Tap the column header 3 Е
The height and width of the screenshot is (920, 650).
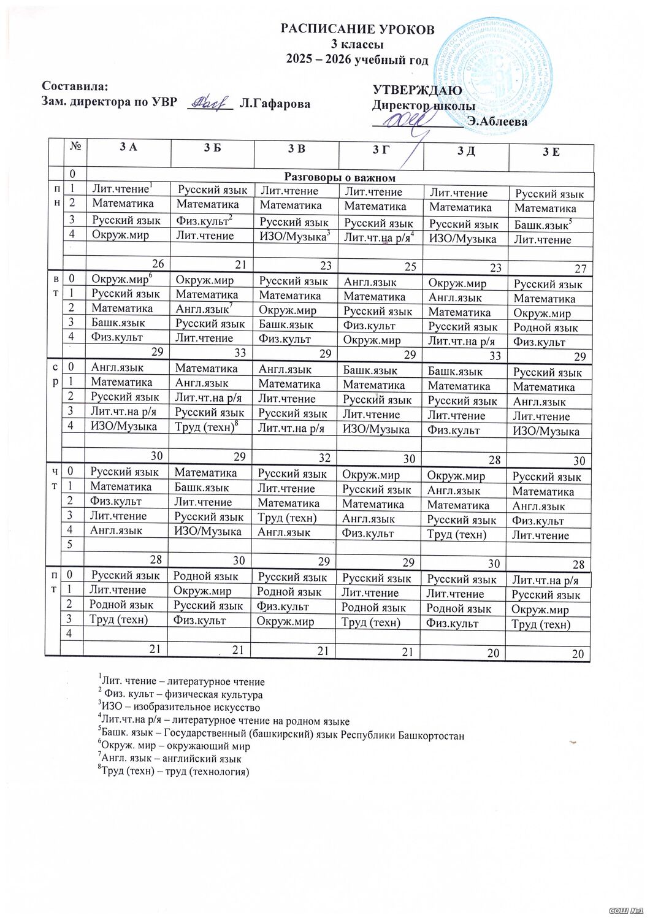(x=551, y=151)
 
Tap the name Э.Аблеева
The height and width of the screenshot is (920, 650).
(x=497, y=121)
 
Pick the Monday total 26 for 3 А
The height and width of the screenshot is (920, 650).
(x=158, y=264)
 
